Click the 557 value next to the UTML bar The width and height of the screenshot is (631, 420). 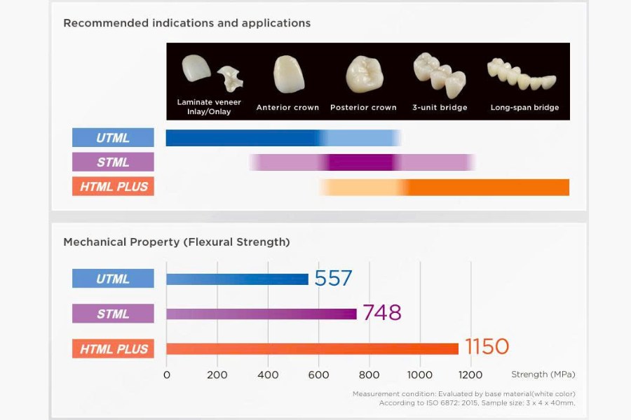click(x=333, y=279)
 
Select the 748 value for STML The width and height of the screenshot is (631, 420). click(x=382, y=313)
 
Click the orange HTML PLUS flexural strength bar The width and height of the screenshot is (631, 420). click(x=312, y=349)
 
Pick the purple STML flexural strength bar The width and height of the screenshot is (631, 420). click(x=261, y=314)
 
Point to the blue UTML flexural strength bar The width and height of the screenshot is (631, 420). click(x=237, y=279)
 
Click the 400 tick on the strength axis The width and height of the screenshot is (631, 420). click(x=268, y=374)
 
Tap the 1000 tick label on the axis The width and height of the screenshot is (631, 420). click(x=419, y=374)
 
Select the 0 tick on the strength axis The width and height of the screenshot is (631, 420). click(x=166, y=374)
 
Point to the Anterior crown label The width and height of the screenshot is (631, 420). click(x=287, y=108)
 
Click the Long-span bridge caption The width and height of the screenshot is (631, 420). click(x=524, y=108)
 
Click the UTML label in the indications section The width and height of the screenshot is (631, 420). click(x=113, y=138)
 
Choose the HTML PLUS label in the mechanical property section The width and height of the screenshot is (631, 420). click(x=113, y=349)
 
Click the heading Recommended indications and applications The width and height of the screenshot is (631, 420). click(x=186, y=23)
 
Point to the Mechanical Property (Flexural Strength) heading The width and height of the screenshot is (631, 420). click(x=176, y=242)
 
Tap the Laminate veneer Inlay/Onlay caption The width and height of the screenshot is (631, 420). click(x=209, y=107)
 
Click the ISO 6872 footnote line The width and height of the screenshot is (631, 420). click(x=477, y=403)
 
